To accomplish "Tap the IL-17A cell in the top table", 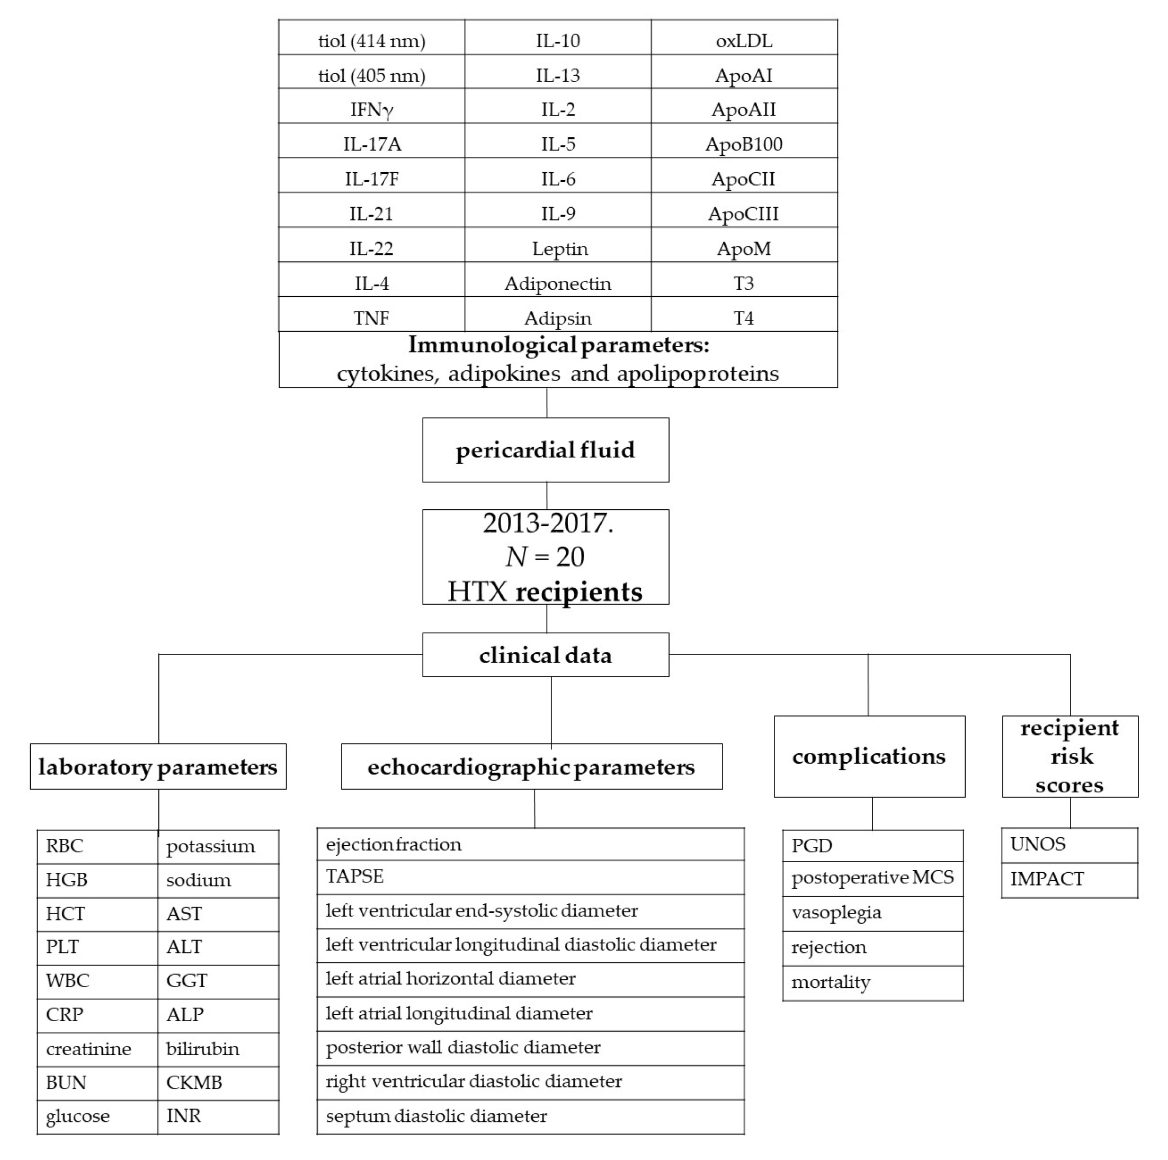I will (x=372, y=144).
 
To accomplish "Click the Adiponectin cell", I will (x=557, y=283).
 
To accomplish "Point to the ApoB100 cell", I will (x=744, y=144).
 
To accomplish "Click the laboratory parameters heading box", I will (x=158, y=767).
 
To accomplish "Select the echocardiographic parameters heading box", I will (x=531, y=767).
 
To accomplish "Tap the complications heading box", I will (x=869, y=757).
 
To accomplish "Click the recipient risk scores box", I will (x=1069, y=757).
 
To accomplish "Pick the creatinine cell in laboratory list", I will (x=89, y=1049).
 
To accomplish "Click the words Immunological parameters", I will (x=557, y=345).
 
